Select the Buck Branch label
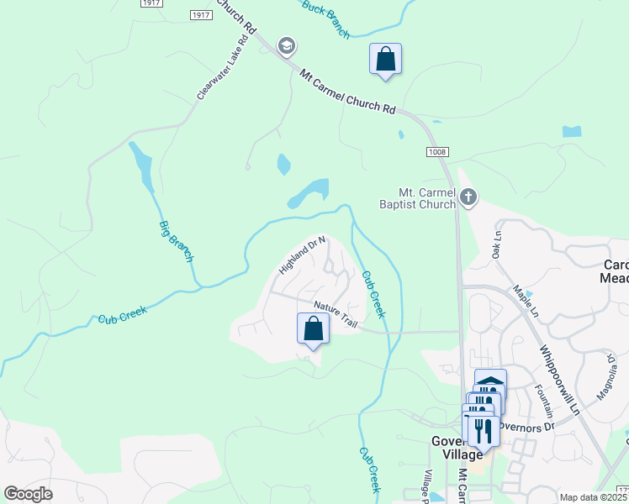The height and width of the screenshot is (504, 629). [325, 20]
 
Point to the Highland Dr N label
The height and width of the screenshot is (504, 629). [302, 255]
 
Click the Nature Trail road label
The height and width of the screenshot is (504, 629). [336, 310]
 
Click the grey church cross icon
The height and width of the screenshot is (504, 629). [469, 198]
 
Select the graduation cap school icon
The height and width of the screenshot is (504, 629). [286, 46]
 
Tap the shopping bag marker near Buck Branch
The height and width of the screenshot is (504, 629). [385, 60]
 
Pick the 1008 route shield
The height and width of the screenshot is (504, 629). [437, 152]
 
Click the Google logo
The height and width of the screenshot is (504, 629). [29, 494]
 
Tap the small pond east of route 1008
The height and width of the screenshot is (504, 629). [571, 131]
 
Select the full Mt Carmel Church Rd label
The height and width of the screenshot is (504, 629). [347, 92]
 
